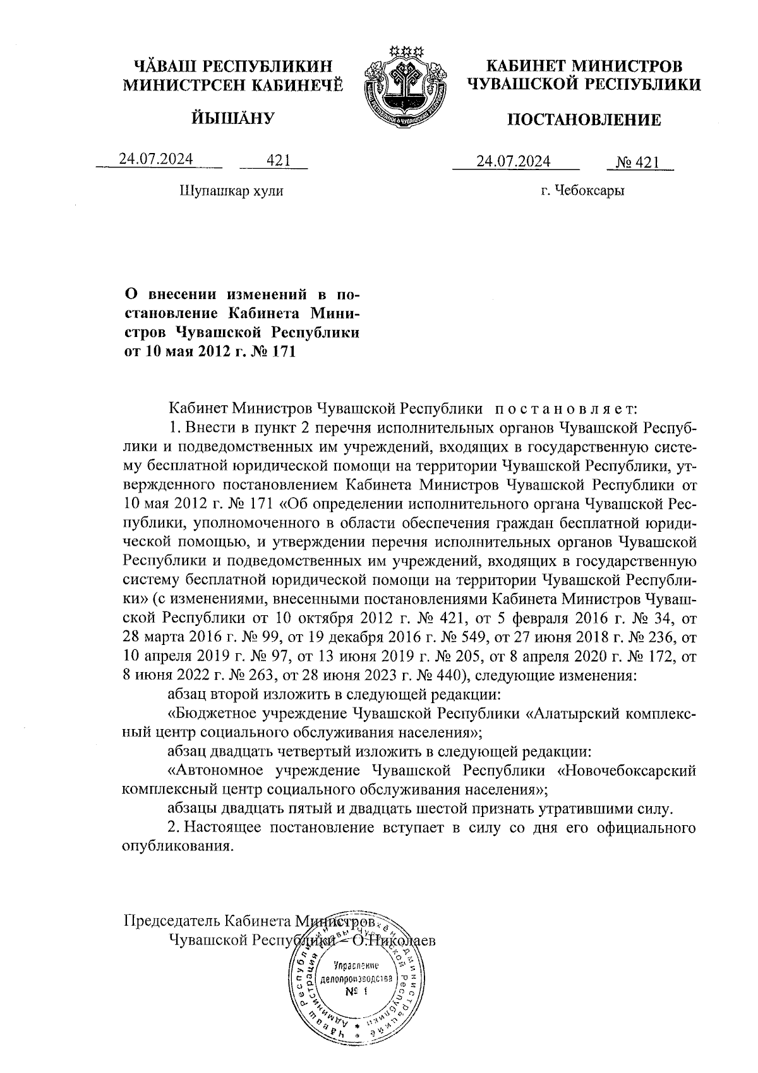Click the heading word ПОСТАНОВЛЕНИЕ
tap(584, 120)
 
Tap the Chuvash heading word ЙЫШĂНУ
tap(231, 118)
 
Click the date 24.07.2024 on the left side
tap(156, 159)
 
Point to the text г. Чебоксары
tap(582, 190)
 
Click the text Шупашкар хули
tap(231, 190)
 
